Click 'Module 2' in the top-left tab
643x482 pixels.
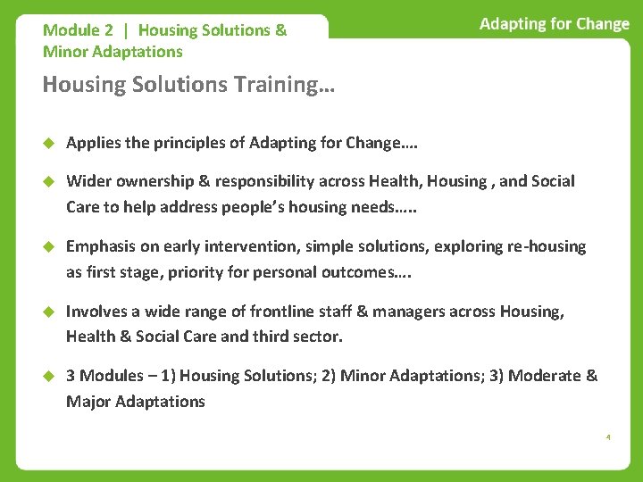pyautogui.click(x=78, y=30)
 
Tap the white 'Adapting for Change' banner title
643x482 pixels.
pyautogui.click(x=554, y=24)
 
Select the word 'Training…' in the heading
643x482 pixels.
pyautogui.click(x=277, y=85)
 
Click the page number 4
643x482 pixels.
pyautogui.click(x=608, y=437)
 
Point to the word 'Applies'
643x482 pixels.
pyautogui.click(x=93, y=143)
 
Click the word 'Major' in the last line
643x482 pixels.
pyautogui.click(x=88, y=402)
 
